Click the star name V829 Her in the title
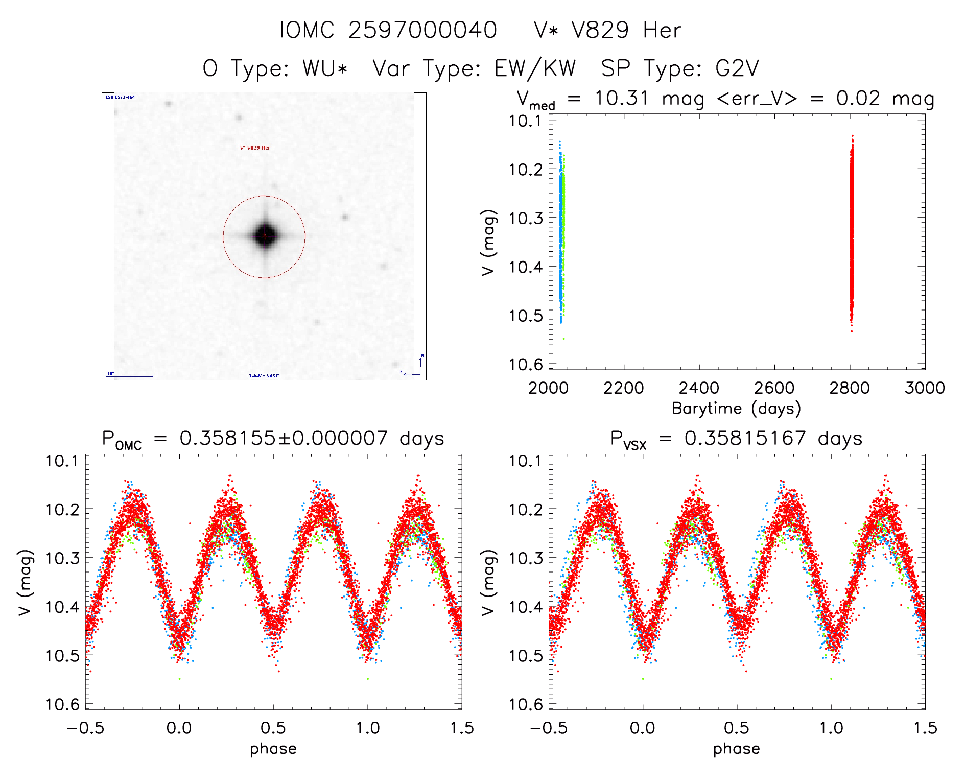tap(626, 31)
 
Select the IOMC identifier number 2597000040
tap(422, 31)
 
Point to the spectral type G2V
tap(737, 68)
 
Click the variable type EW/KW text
tap(535, 68)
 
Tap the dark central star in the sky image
tap(265, 235)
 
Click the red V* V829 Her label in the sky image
tap(255, 148)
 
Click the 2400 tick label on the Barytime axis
tap(699, 388)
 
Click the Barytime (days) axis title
tap(736, 409)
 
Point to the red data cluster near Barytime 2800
tap(852, 230)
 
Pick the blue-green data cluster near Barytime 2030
tap(561, 230)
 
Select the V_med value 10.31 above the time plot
tap(621, 99)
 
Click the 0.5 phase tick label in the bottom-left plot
tap(273, 728)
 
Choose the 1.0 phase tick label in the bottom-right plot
tap(831, 728)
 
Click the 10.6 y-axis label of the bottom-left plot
tap(62, 705)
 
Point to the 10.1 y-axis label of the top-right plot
tap(525, 122)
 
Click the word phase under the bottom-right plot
tap(736, 749)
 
